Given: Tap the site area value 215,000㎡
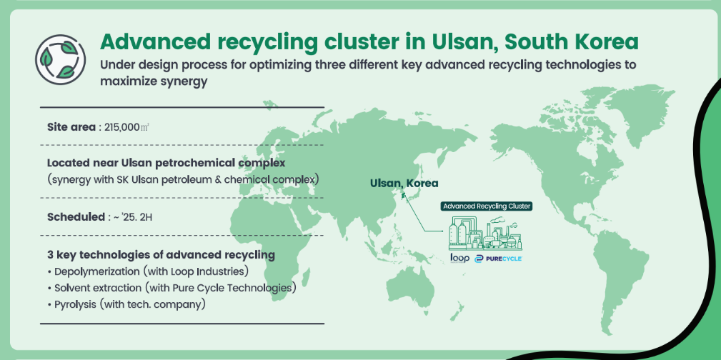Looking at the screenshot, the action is tap(126, 127).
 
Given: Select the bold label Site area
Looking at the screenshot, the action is tap(71, 127).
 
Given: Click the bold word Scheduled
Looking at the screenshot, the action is tap(76, 217).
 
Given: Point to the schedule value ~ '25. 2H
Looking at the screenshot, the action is tap(133, 217).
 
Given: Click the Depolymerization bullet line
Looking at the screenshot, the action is tap(148, 271).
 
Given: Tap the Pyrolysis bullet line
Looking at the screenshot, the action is tap(126, 304).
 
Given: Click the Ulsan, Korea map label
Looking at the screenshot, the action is tap(404, 183).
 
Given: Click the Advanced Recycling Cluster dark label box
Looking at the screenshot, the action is tap(487, 206).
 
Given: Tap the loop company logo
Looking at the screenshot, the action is tap(459, 258).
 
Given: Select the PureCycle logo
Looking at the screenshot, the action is tap(499, 259).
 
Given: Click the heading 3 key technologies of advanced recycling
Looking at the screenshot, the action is tap(161, 255).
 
